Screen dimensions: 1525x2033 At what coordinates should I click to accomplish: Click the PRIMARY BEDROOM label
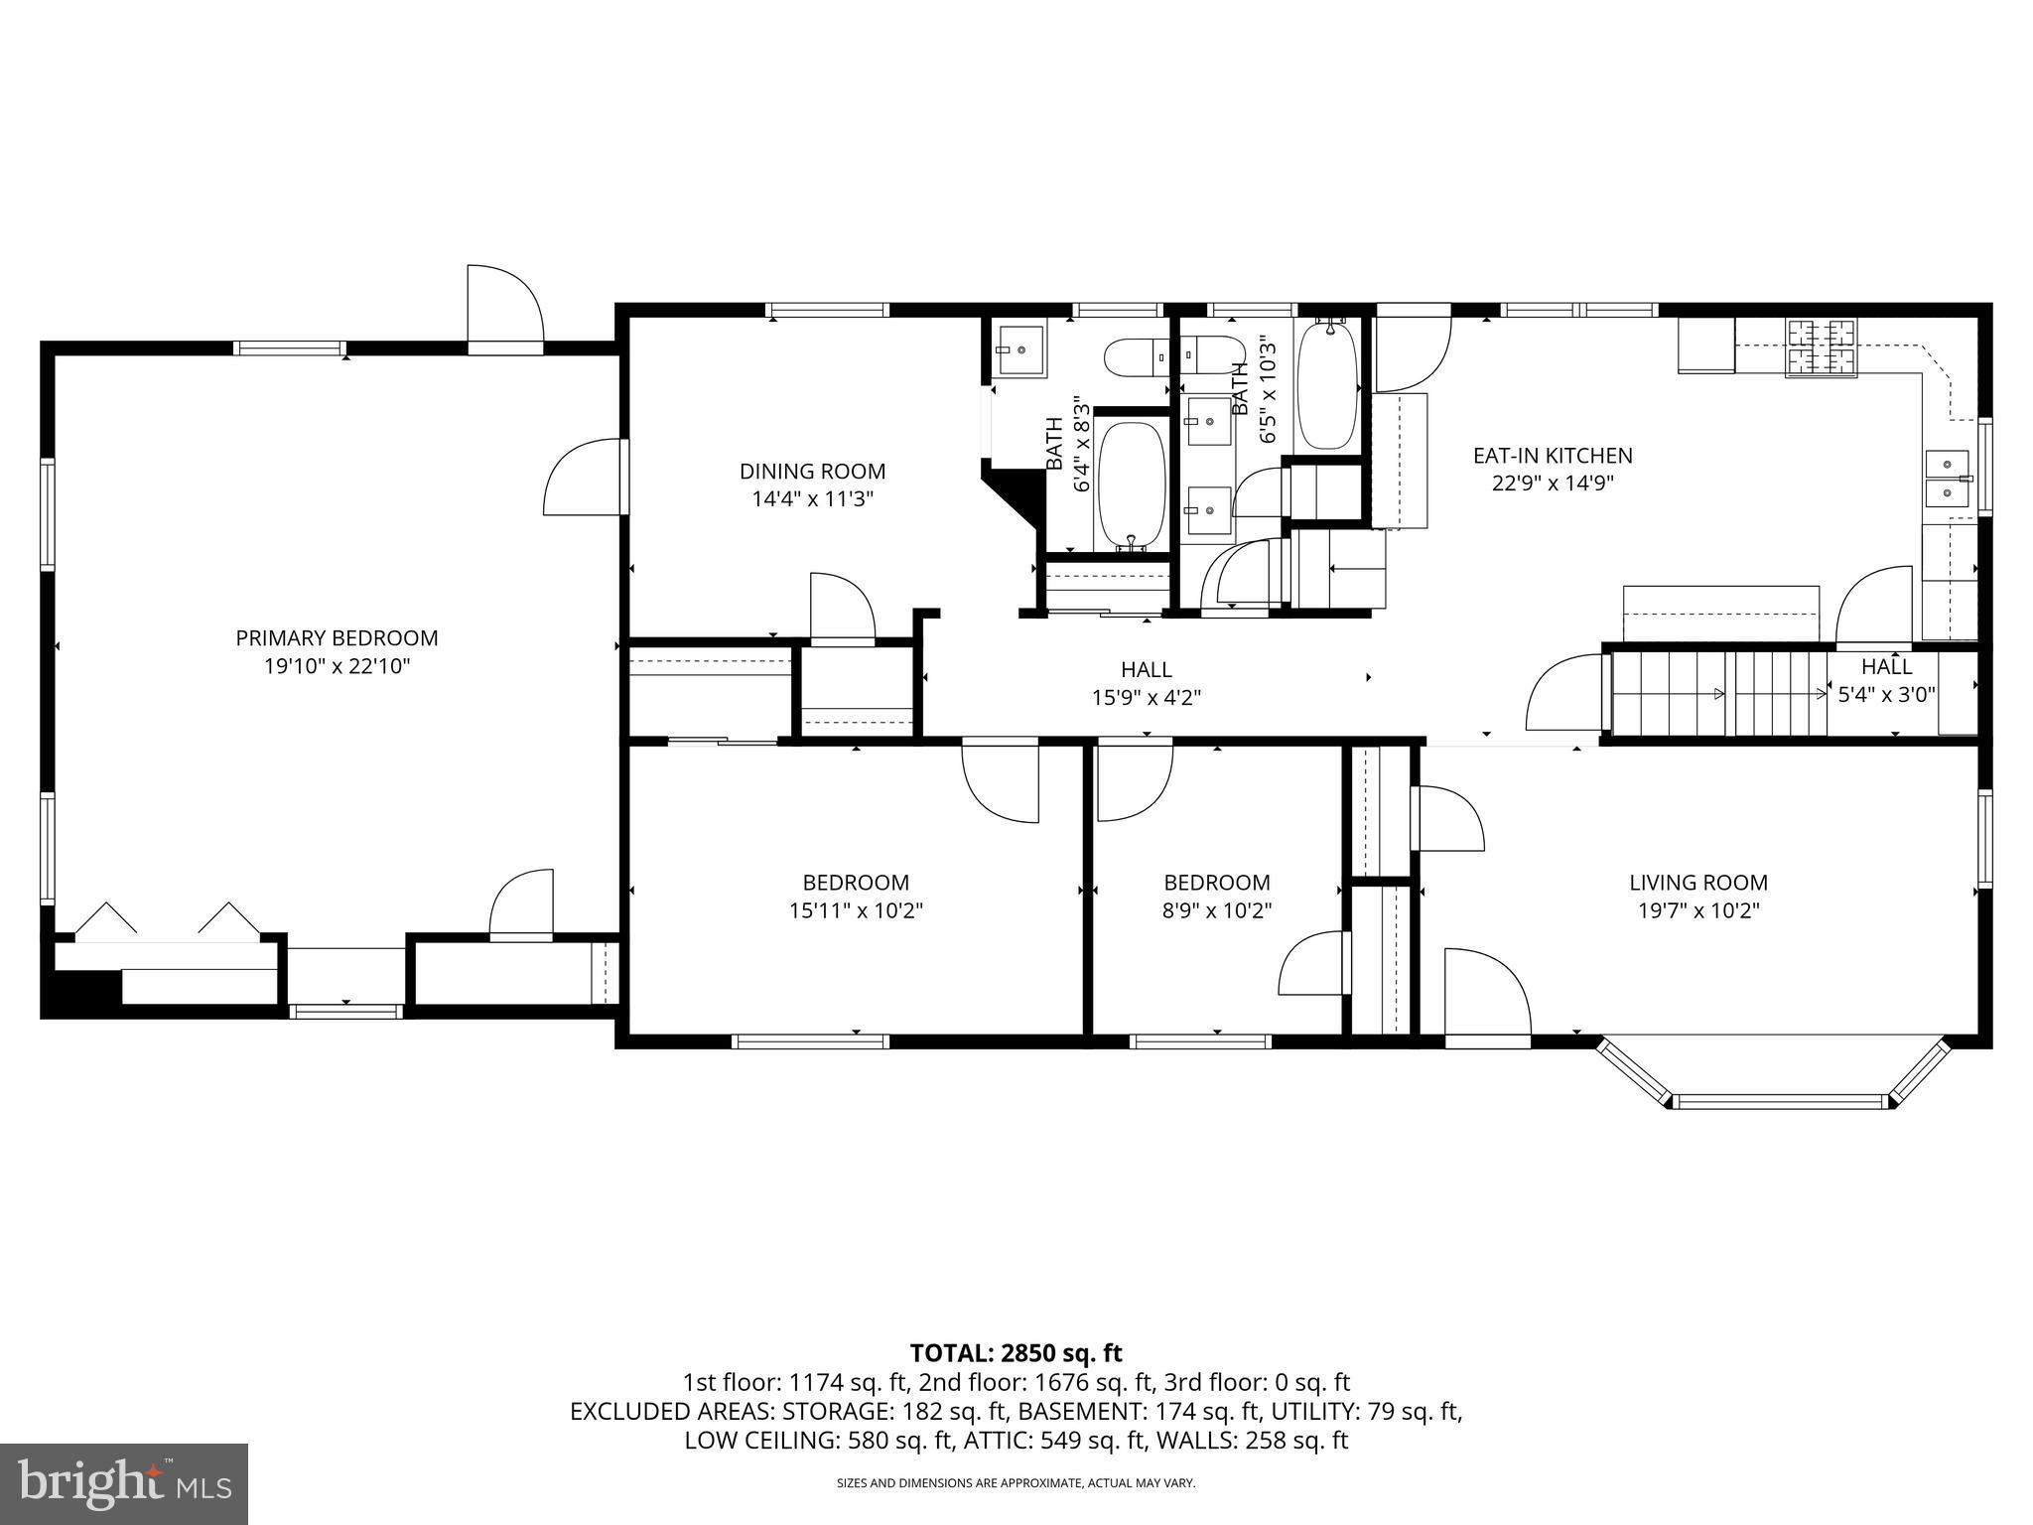pyautogui.click(x=337, y=638)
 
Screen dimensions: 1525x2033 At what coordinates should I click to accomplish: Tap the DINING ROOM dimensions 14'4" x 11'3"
pyautogui.click(x=812, y=499)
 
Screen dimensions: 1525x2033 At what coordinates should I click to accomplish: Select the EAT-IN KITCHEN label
pyautogui.click(x=1553, y=456)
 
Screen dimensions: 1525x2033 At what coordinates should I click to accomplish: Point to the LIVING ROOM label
pyautogui.click(x=1697, y=883)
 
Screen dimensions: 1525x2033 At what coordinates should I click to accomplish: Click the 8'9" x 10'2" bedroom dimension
pyautogui.click(x=1217, y=910)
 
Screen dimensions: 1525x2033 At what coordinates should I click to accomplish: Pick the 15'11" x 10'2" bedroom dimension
pyautogui.click(x=856, y=910)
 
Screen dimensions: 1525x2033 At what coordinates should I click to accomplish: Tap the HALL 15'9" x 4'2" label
pyautogui.click(x=1147, y=684)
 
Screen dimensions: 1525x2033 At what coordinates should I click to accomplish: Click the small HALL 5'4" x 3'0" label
pyautogui.click(x=1886, y=681)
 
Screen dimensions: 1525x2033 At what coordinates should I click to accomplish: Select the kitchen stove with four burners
pyautogui.click(x=1821, y=347)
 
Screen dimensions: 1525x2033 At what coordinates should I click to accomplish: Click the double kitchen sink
pyautogui.click(x=1948, y=478)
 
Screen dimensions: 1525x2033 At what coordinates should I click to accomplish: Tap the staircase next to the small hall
pyautogui.click(x=1717, y=694)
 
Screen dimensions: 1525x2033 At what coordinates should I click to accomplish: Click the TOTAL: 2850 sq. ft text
pyautogui.click(x=1016, y=1353)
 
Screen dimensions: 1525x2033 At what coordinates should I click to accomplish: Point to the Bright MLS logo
pyautogui.click(x=123, y=1483)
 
